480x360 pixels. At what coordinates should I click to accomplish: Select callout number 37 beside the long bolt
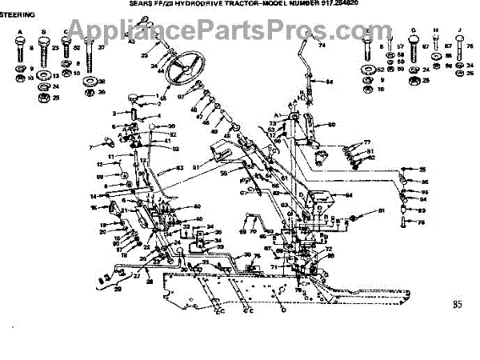(x=102, y=48)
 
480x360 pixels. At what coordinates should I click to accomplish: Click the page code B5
(x=457, y=303)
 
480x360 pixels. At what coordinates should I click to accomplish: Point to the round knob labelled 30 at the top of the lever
(x=150, y=127)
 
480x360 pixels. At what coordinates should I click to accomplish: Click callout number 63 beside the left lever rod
(x=180, y=167)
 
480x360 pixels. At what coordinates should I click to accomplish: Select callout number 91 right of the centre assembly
(x=382, y=210)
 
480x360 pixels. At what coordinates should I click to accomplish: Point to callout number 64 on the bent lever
(x=329, y=82)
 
